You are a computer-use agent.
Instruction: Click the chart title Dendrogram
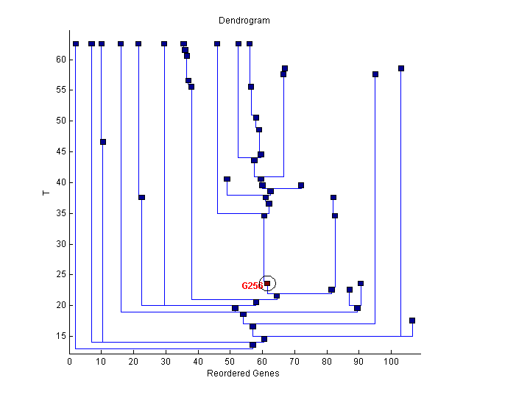(x=244, y=21)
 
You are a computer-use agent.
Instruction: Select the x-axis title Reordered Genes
(x=243, y=373)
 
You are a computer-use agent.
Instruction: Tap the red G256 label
(x=252, y=286)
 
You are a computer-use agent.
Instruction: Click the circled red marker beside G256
(x=267, y=283)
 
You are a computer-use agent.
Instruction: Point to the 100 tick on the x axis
(x=391, y=362)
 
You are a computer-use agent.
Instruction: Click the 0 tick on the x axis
(x=70, y=362)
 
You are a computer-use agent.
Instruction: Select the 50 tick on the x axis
(x=230, y=362)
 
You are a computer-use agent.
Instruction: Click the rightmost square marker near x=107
(x=412, y=321)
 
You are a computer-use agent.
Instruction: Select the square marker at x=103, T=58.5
(x=401, y=68)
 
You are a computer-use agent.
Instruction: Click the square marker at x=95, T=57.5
(x=375, y=74)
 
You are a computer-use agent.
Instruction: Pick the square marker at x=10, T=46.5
(x=103, y=142)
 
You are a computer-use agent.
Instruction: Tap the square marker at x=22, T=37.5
(x=141, y=197)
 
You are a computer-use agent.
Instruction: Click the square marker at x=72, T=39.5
(x=301, y=185)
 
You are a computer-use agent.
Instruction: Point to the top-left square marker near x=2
(x=76, y=44)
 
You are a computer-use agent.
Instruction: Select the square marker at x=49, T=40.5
(x=227, y=179)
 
